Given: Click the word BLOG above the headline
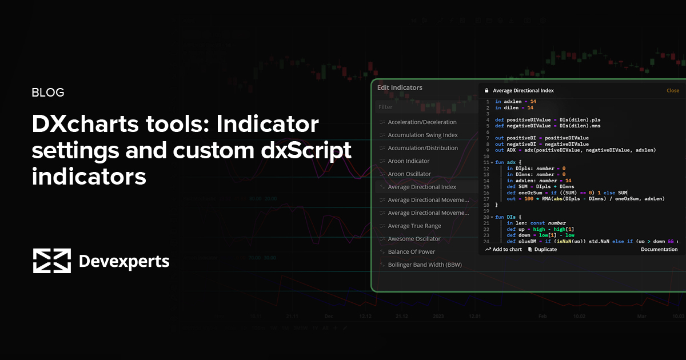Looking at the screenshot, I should [48, 93].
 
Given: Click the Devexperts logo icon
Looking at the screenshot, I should [51, 261].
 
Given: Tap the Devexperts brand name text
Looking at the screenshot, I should [123, 262].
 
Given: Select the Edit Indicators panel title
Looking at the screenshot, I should [400, 88].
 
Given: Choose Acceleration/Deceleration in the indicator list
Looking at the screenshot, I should [422, 122].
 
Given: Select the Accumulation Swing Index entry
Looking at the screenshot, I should [422, 135].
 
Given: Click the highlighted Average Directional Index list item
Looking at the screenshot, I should [422, 187].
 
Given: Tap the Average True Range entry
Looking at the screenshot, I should [414, 226].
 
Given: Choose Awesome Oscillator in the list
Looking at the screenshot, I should [414, 239].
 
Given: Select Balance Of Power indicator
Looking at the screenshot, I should [411, 252].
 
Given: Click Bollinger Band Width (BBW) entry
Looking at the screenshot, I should [424, 265].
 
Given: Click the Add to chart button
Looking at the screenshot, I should [504, 250].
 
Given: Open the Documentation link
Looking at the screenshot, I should [659, 250].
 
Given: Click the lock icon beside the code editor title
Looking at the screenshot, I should [487, 90].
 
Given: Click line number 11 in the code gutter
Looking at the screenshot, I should [486, 163].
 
